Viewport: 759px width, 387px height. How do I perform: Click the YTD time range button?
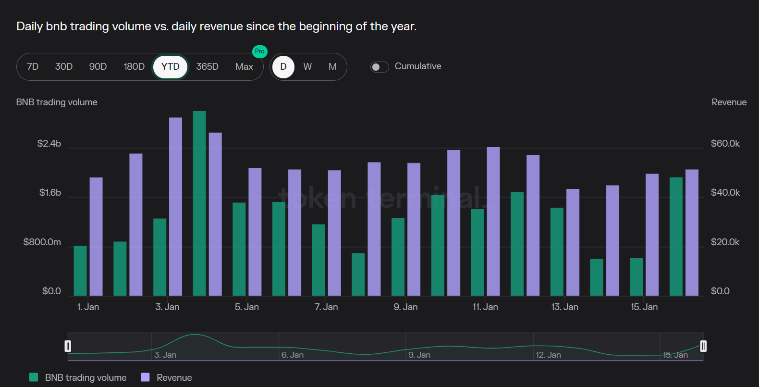(170, 67)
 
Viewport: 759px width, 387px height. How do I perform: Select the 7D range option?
(33, 67)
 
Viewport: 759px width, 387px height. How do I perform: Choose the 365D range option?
(207, 67)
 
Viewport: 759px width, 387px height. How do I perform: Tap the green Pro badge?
(259, 51)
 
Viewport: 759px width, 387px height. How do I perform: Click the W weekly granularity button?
(307, 67)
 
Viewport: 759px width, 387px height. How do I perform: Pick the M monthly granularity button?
(332, 67)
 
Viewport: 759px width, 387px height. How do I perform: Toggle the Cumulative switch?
(379, 67)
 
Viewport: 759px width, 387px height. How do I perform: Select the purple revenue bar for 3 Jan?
(175, 207)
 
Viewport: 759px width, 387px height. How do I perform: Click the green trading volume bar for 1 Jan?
(80, 271)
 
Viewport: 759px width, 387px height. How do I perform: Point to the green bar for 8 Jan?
(358, 274)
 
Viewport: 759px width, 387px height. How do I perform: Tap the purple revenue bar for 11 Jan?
(493, 221)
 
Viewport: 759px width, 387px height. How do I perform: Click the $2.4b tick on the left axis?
(49, 144)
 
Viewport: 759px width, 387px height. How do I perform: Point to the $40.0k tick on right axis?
(725, 193)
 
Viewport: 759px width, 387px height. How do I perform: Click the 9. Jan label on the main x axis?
(405, 307)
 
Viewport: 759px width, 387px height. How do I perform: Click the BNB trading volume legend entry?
(78, 378)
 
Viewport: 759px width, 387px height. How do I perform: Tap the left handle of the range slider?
(68, 346)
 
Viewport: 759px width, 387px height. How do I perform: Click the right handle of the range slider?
(703, 346)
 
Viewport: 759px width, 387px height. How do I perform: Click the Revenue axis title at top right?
(729, 102)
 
